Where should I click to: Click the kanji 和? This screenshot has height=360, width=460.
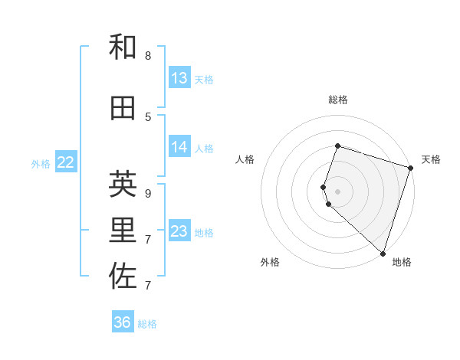pyautogui.click(x=123, y=47)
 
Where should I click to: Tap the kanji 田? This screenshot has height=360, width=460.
pyautogui.click(x=123, y=109)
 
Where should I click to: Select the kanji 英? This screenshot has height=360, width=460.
pyautogui.click(x=123, y=184)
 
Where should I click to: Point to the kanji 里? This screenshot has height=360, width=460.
pyautogui.click(x=123, y=230)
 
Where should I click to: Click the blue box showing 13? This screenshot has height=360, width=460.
pyautogui.click(x=179, y=78)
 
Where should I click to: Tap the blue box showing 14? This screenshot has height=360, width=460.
pyautogui.click(x=179, y=148)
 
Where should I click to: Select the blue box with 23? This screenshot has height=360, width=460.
pyautogui.click(x=179, y=231)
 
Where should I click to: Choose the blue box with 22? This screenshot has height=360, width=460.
pyautogui.click(x=66, y=162)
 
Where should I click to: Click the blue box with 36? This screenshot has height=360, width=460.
pyautogui.click(x=123, y=322)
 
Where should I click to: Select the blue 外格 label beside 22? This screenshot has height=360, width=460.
pyautogui.click(x=41, y=163)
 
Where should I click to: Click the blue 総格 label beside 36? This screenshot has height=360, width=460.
pyautogui.click(x=147, y=324)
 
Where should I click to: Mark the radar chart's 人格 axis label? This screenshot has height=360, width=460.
pyautogui.click(x=245, y=159)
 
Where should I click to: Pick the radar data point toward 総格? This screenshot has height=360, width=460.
pyautogui.click(x=337, y=146)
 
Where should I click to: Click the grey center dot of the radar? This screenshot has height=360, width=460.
pyautogui.click(x=337, y=191)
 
